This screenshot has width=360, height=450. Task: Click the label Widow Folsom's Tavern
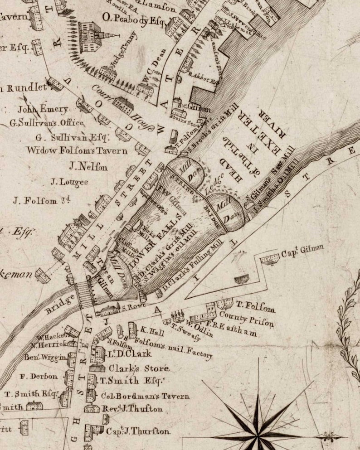[x=77, y=150]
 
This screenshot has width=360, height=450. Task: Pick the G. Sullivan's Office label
[x=47, y=123]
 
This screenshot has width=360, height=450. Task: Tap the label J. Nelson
[x=88, y=167]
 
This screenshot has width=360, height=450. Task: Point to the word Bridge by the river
[x=60, y=304]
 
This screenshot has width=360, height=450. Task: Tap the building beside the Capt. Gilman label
[x=271, y=259]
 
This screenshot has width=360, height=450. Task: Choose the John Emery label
[x=43, y=109]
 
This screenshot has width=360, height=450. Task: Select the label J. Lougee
[x=69, y=182]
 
